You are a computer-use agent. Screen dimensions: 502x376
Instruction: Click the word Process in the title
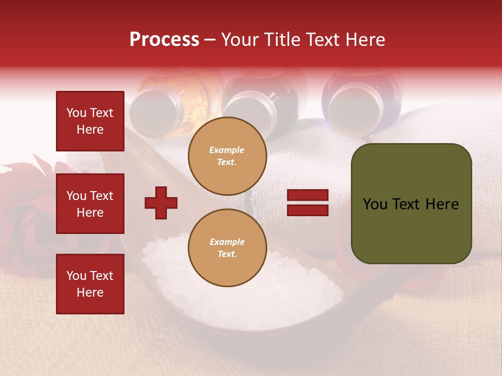(x=164, y=40)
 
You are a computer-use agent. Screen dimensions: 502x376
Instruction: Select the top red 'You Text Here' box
(x=90, y=121)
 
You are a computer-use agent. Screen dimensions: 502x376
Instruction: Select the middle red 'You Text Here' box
(x=90, y=204)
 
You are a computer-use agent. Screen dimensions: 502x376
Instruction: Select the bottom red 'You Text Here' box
(x=90, y=284)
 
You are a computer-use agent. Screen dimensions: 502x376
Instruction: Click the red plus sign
(x=161, y=203)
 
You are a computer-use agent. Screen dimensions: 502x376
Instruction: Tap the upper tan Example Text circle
(x=227, y=156)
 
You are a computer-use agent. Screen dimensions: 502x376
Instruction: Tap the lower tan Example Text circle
(x=227, y=248)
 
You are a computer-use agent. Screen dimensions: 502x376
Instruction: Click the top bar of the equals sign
(x=307, y=195)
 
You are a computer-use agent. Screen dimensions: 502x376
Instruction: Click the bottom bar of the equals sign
(x=307, y=210)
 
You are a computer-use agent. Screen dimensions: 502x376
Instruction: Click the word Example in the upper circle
(x=227, y=150)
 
